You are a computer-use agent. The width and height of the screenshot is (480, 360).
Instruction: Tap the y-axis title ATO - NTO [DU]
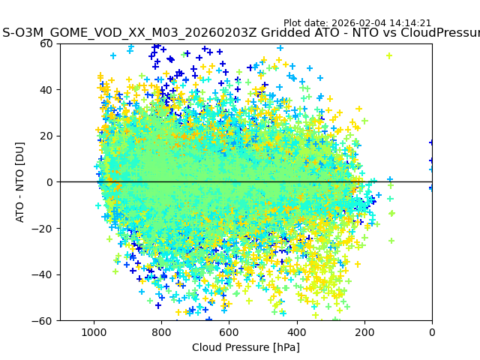[x=21, y=182]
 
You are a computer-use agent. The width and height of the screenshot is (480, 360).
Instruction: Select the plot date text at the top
[x=357, y=23]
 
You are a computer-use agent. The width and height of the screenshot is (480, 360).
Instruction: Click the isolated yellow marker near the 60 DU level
[x=389, y=55]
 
